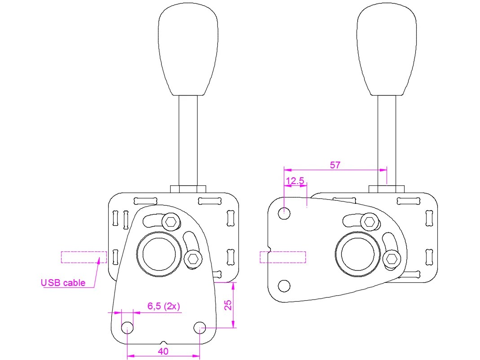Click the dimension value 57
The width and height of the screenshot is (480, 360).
(335, 165)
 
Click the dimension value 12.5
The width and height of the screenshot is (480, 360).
(295, 180)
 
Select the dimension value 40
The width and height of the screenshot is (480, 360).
(163, 351)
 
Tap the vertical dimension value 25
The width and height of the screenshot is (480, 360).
(228, 305)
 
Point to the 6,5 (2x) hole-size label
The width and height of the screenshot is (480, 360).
(164, 306)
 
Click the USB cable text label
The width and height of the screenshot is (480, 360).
(63, 283)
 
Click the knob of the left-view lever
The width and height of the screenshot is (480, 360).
(188, 49)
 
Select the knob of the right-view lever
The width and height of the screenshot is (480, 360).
(387, 49)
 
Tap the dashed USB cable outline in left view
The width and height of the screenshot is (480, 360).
(84, 257)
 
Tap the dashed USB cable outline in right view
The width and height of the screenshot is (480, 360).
(283, 257)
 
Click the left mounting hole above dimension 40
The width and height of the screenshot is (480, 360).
(128, 327)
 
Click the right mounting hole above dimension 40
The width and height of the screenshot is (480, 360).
(200, 327)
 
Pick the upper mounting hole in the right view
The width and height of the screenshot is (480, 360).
(284, 213)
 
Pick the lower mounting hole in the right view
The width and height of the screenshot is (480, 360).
(284, 285)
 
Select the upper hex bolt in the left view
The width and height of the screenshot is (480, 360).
(171, 221)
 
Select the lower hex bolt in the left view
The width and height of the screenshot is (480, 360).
(193, 258)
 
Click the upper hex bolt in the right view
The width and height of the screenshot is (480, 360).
(370, 221)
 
